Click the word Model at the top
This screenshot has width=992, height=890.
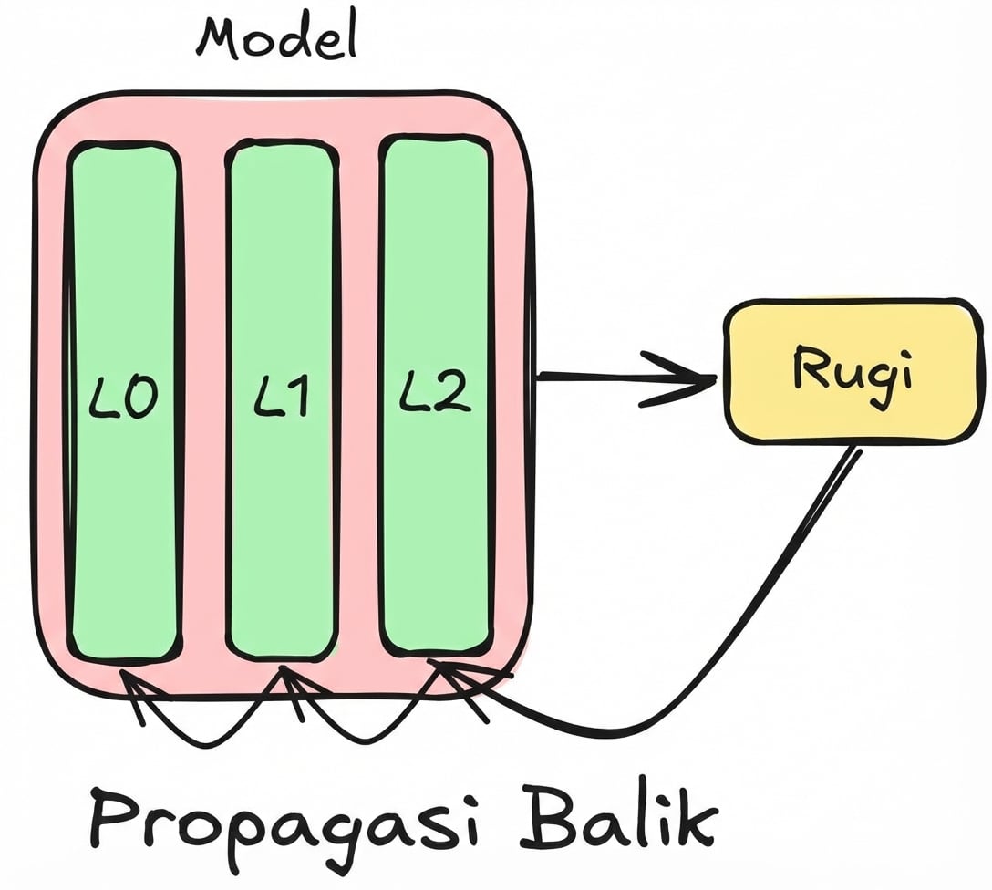(275, 38)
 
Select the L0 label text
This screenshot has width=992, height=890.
(125, 398)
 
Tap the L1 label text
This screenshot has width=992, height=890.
(281, 398)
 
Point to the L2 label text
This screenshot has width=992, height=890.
(435, 394)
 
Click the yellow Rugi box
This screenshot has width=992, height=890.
(852, 371)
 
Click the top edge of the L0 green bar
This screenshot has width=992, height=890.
(123, 146)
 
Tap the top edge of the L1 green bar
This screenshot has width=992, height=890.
(281, 143)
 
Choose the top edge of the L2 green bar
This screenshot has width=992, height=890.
(435, 140)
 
